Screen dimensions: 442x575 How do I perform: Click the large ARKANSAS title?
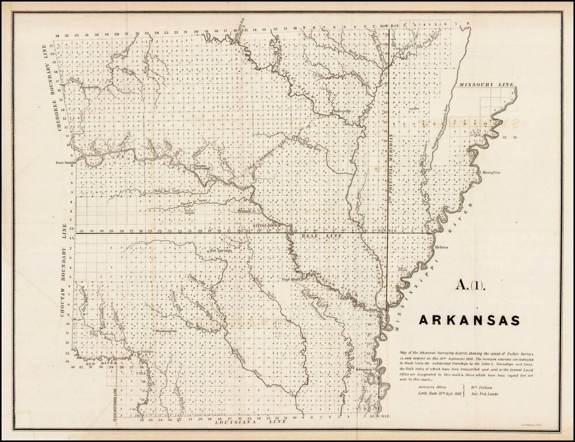[469, 319]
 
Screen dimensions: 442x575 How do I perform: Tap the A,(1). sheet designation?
[471, 284]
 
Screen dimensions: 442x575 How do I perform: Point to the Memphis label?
[490, 172]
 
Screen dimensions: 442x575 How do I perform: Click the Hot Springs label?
[221, 251]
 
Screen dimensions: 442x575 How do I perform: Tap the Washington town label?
[165, 332]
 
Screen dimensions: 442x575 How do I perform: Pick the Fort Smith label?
[66, 163]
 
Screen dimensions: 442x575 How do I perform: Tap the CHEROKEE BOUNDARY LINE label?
[60, 89]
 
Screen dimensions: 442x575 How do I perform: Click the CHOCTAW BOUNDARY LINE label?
[61, 270]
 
